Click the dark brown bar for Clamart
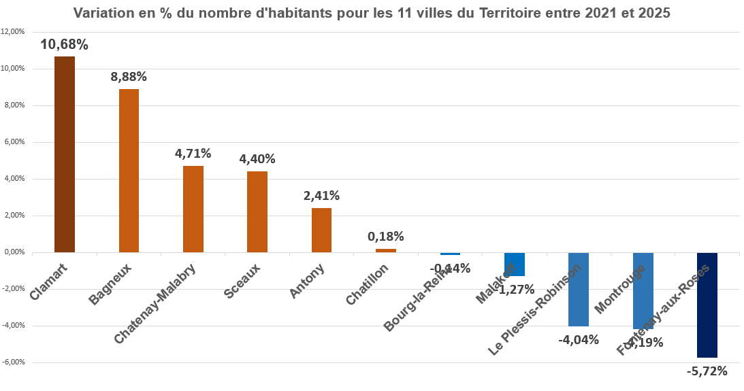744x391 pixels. (x=65, y=154)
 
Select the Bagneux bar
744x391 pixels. (x=129, y=171)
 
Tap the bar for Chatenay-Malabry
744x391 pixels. (x=193, y=209)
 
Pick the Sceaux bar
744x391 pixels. (x=257, y=211)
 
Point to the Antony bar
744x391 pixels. (x=321, y=230)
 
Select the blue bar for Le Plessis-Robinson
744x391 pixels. (x=579, y=289)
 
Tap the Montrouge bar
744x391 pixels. (x=643, y=290)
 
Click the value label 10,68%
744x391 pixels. (x=64, y=45)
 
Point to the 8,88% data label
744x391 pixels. (x=129, y=77)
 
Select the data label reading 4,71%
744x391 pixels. (x=193, y=154)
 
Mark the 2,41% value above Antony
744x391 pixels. (x=321, y=196)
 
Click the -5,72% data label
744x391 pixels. (x=707, y=371)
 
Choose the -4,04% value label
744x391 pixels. (x=579, y=339)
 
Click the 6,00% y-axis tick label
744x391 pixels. (x=14, y=142)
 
